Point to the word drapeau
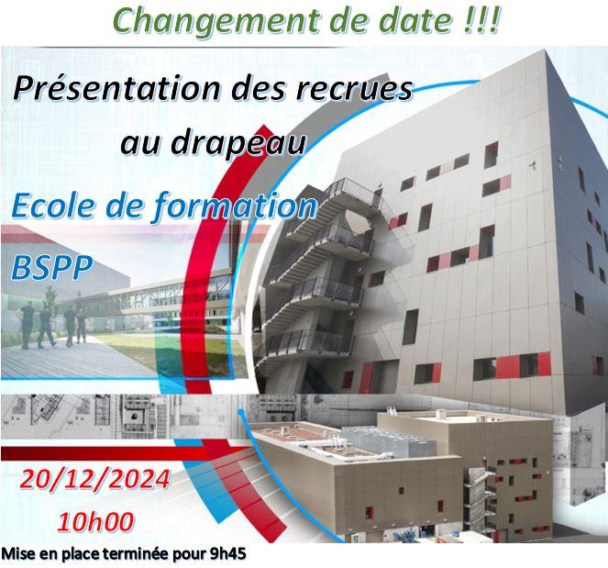pyautogui.click(x=238, y=142)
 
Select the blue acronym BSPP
pyautogui.click(x=52, y=267)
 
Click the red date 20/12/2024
pyautogui.click(x=95, y=479)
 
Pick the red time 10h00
pyautogui.click(x=95, y=522)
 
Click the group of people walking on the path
pyautogui.click(x=53, y=326)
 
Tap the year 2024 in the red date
pyautogui.click(x=141, y=479)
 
